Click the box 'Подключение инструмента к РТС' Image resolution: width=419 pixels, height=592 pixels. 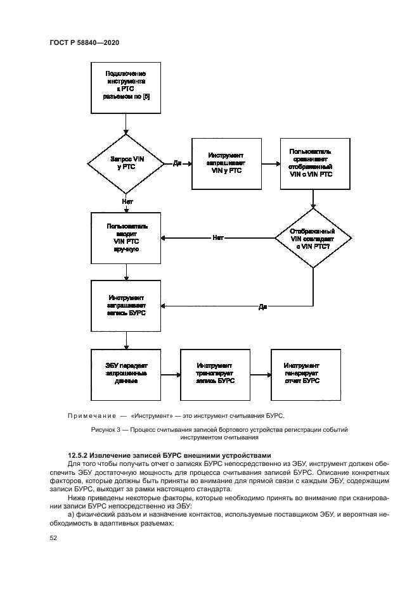[127, 87]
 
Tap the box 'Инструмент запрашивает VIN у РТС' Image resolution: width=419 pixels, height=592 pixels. [225, 163]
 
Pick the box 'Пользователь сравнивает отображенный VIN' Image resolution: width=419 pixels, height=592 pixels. [314, 163]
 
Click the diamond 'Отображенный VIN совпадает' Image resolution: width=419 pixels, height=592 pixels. [313, 239]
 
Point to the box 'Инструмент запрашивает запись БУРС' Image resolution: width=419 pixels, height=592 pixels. [127, 305]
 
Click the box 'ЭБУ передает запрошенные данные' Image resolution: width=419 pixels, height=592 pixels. [127, 374]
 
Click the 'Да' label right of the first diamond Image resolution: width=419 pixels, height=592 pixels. [177, 163]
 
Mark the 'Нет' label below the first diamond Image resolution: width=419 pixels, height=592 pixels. [127, 201]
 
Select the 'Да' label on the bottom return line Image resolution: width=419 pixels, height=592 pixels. [262, 306]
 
